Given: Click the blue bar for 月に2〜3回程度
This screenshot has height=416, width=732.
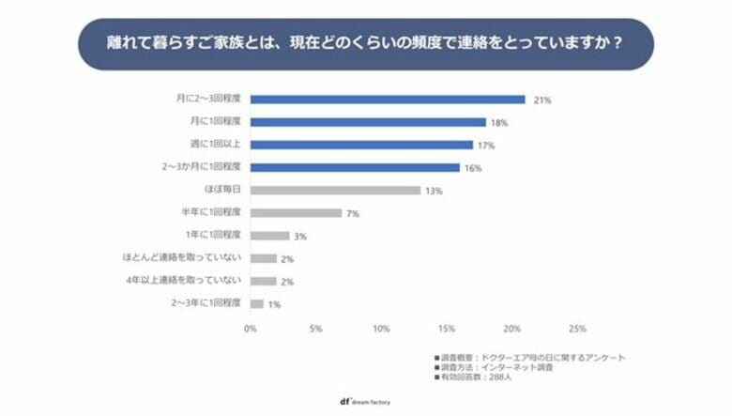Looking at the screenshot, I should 388,100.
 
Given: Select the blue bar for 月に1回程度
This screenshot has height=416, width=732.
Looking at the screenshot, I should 368,122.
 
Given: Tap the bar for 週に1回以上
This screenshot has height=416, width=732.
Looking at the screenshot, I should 361,145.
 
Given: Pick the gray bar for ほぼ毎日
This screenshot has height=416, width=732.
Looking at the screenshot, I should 335,190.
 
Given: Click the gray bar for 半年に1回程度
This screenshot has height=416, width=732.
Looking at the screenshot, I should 296,213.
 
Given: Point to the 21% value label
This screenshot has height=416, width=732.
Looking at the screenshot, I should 541,100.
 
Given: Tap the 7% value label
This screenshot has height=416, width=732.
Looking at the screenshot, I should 354,213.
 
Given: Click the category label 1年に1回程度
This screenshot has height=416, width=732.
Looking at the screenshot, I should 215,236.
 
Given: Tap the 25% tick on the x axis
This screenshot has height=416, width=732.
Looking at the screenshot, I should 577,330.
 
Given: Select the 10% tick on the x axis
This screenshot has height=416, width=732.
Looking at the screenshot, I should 381,330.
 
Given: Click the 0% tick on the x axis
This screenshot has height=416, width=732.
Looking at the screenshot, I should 251,330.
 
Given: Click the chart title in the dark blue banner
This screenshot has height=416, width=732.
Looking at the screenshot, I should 365,43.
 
